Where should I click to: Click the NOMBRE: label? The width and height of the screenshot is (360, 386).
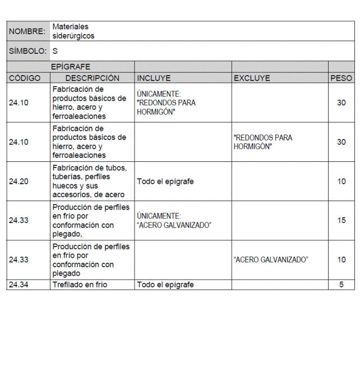coord(27,31)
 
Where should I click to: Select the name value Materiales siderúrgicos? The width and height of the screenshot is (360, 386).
coord(73,31)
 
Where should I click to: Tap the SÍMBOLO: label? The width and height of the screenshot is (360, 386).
coord(27,51)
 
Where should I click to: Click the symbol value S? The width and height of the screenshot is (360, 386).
coord(55,51)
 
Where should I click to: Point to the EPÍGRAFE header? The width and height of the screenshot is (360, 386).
coord(71,67)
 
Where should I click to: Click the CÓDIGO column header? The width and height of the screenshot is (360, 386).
coord(25,78)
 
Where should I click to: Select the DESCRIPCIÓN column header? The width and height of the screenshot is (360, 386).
coord(92,78)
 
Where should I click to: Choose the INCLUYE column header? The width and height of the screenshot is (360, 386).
coord(154,78)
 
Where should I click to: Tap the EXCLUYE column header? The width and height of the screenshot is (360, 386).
coord(252,78)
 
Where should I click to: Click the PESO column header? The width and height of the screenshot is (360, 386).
coord(341,78)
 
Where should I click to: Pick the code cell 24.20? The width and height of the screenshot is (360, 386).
coord(19,182)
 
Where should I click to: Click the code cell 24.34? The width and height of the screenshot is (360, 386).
coord(19,285)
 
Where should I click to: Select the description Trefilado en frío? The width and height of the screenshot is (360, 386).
coord(80,285)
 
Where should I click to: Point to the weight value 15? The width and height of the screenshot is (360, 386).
coord(341,221)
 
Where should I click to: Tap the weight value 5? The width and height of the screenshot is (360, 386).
coord(341,285)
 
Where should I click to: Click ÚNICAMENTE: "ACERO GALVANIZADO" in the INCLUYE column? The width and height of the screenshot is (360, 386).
coord(174,221)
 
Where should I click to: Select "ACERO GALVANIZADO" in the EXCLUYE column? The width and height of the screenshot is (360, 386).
coord(271,260)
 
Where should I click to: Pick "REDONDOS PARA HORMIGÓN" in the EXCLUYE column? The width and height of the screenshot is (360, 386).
coord(263,142)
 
